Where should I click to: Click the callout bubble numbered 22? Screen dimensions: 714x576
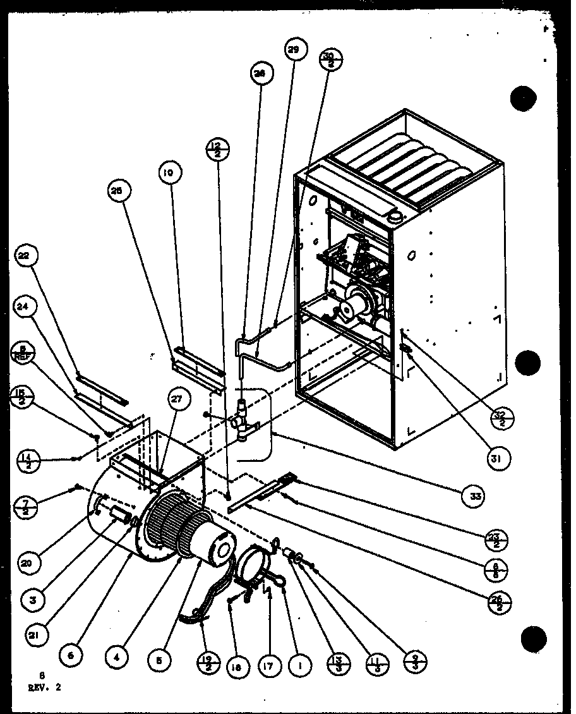[x=23, y=256]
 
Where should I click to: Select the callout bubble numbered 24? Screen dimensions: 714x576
[x=23, y=306]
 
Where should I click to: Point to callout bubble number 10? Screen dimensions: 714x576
[x=171, y=172]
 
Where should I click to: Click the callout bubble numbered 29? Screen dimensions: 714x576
[x=293, y=51]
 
